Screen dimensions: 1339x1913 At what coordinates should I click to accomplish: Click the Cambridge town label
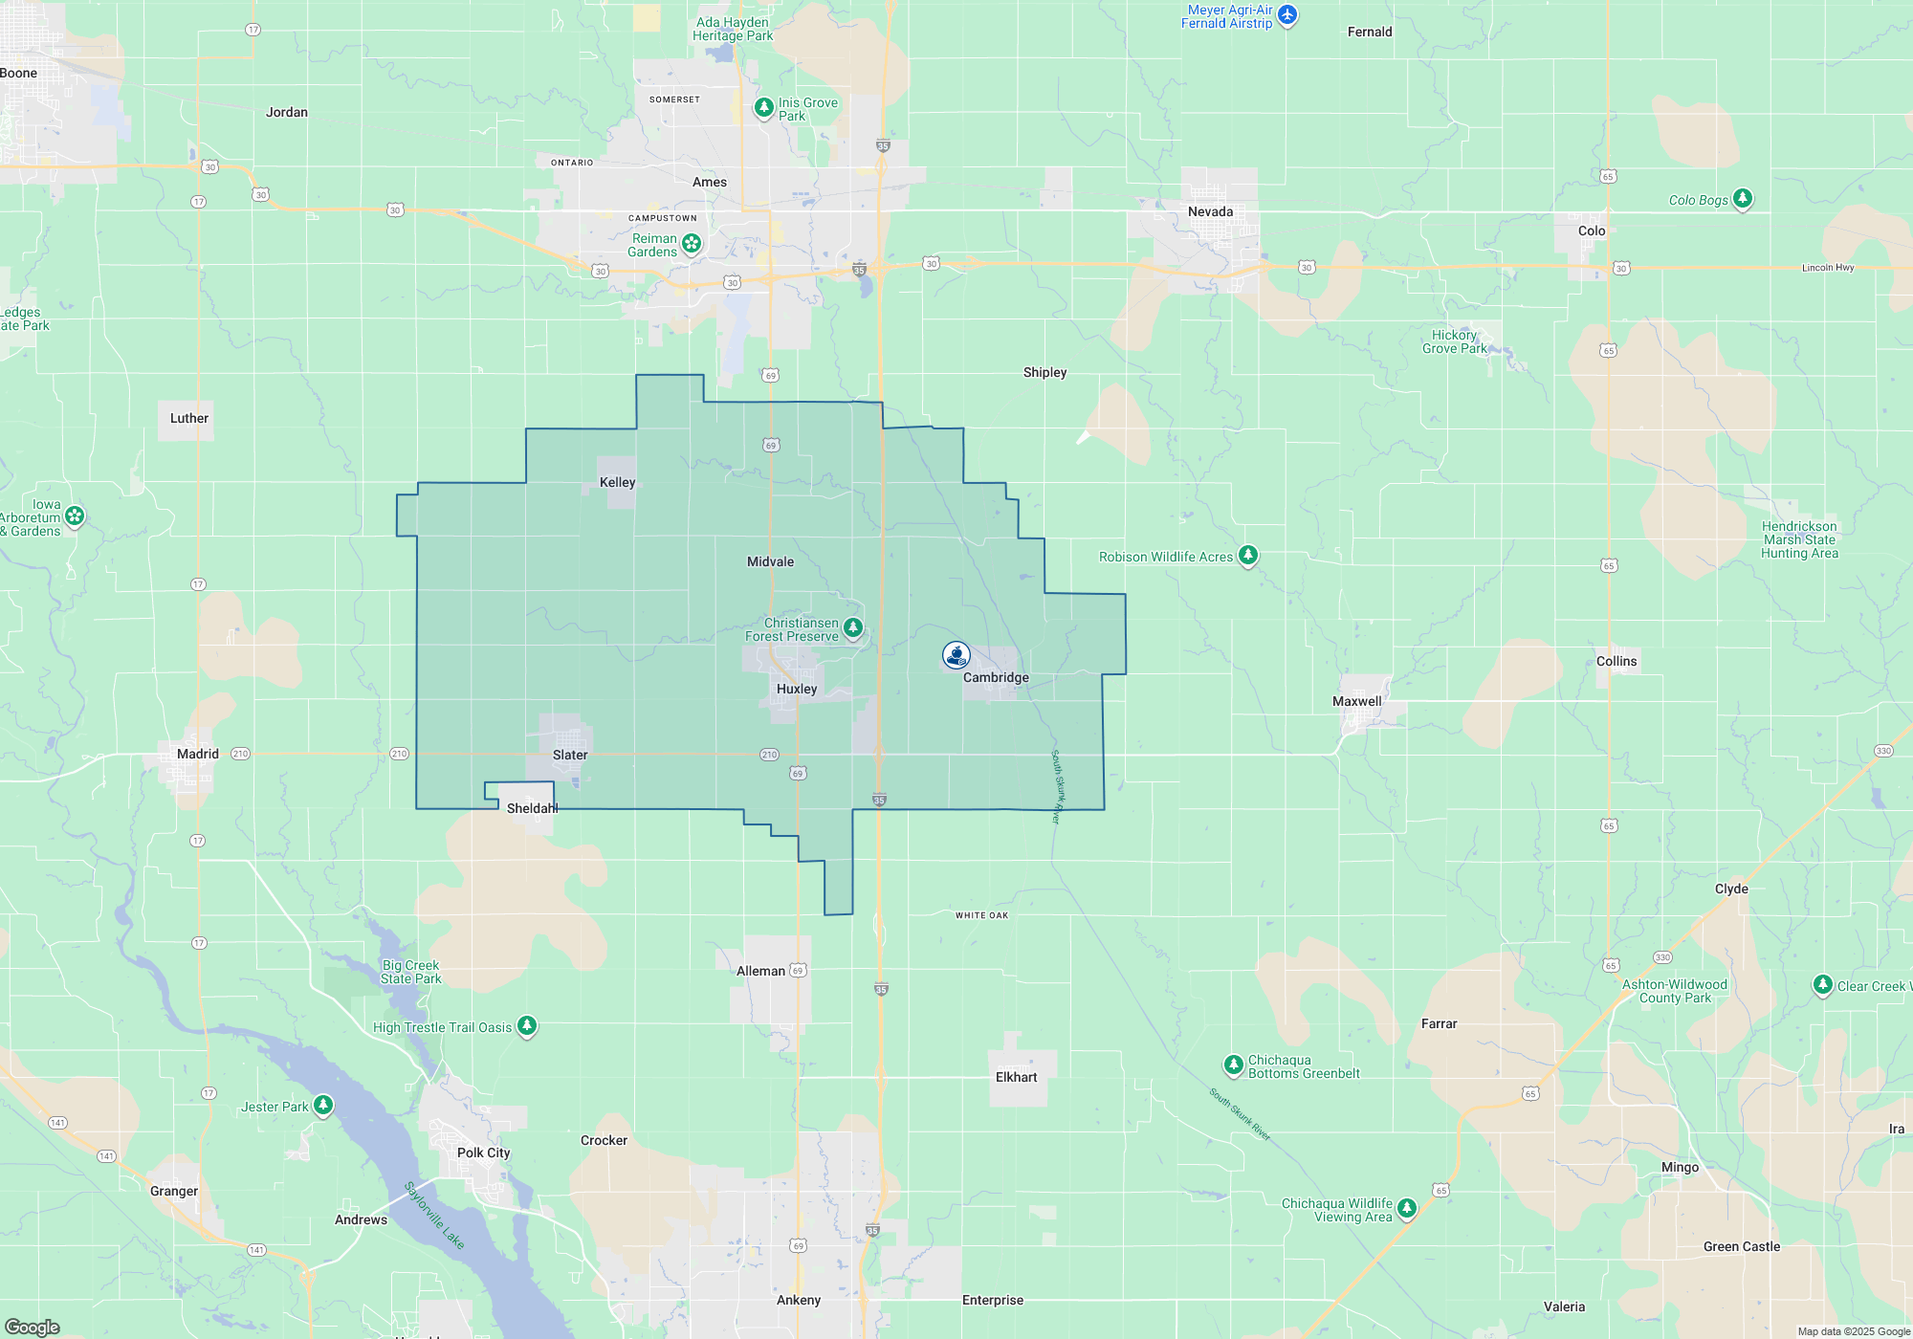point(996,677)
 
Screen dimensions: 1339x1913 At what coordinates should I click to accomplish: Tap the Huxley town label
point(797,689)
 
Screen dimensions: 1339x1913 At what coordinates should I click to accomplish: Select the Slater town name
point(570,755)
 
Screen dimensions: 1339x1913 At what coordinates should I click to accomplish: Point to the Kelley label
point(617,482)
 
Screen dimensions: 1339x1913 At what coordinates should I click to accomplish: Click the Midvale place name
point(770,561)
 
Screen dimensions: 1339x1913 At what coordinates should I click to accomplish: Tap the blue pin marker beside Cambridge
point(956,654)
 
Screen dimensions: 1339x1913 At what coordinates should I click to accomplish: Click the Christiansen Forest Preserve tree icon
point(853,628)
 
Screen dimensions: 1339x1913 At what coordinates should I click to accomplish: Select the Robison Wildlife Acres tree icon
point(1248,556)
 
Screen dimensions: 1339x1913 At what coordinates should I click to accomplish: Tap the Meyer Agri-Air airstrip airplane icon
point(1287,15)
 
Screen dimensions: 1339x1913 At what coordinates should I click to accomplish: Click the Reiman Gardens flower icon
point(692,243)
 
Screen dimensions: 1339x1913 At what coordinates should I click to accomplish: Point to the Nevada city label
point(1210,211)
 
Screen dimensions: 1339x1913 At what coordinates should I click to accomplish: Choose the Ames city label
point(710,182)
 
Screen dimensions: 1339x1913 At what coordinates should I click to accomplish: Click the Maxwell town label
point(1356,701)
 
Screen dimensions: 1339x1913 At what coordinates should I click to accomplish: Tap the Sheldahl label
point(532,808)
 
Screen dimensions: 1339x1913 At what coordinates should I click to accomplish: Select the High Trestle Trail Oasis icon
point(527,1026)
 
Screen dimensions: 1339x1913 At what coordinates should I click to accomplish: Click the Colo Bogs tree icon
point(1743,199)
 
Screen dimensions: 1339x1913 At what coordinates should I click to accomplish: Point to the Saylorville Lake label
point(434,1215)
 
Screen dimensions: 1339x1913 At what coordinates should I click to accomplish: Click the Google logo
point(33,1327)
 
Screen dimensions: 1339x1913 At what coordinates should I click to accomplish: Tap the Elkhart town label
point(1016,1077)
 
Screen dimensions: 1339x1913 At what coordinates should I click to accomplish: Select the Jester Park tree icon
point(323,1106)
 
